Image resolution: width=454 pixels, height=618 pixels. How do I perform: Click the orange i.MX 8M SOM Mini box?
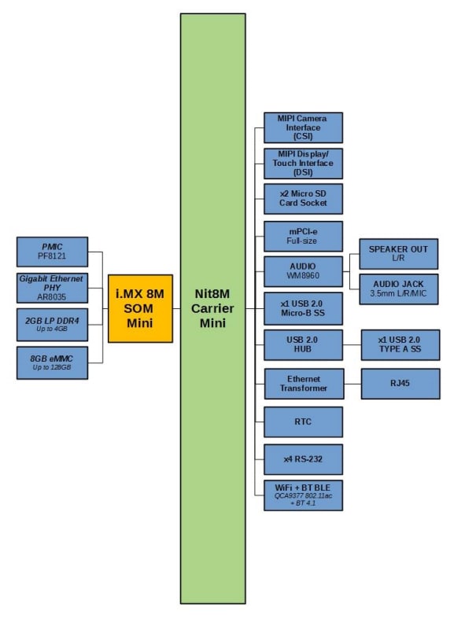click(140, 308)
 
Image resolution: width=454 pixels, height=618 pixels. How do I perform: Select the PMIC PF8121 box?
click(53, 252)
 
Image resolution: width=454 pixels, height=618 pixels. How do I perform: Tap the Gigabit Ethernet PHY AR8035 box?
click(53, 288)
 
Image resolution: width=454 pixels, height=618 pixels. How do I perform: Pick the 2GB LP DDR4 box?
click(53, 324)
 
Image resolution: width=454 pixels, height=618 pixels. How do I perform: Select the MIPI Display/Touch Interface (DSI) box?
click(303, 163)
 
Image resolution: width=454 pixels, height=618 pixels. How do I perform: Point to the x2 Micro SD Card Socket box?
click(303, 198)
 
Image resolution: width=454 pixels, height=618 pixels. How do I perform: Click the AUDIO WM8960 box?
click(303, 272)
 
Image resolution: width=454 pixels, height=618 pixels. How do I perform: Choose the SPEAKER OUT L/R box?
click(398, 254)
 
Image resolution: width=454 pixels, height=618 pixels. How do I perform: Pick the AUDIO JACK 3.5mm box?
click(398, 289)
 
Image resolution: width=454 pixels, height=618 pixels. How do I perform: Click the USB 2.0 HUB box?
click(303, 345)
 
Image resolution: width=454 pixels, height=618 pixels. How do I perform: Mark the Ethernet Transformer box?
click(303, 383)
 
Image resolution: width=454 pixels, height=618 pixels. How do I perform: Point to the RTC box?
click(303, 421)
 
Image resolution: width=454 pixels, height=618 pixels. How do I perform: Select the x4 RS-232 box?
click(303, 459)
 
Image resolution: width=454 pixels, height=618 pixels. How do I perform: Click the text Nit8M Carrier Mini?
click(212, 308)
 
